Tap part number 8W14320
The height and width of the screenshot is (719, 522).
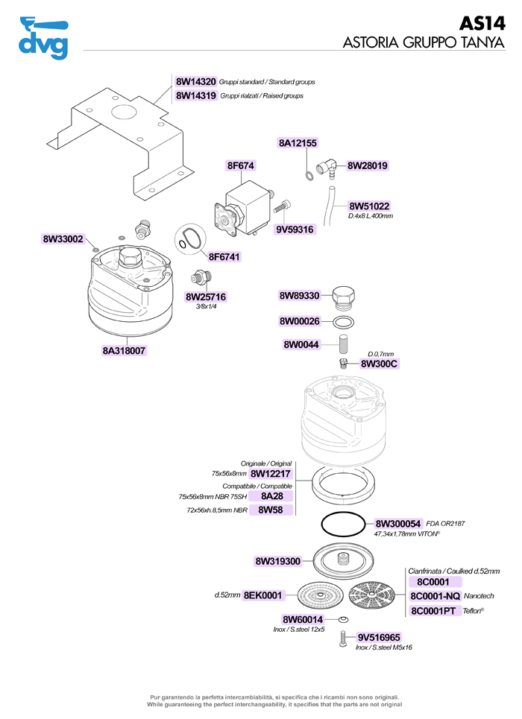[196, 81]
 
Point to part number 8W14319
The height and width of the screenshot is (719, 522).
[196, 96]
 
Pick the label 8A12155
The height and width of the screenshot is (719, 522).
[298, 143]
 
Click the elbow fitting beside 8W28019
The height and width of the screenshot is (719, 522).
[326, 168]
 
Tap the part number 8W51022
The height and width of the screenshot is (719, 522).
[369, 206]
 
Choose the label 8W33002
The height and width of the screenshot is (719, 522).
[63, 239]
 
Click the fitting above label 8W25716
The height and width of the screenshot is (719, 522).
[198, 277]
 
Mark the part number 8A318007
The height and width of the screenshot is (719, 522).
[124, 350]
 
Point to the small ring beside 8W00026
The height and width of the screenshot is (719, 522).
[342, 322]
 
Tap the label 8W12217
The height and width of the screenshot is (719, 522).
[271, 474]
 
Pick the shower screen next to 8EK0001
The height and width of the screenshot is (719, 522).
[320, 596]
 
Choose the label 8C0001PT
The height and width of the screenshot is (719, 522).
[434, 612]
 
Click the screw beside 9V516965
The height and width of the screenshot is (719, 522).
[343, 639]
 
